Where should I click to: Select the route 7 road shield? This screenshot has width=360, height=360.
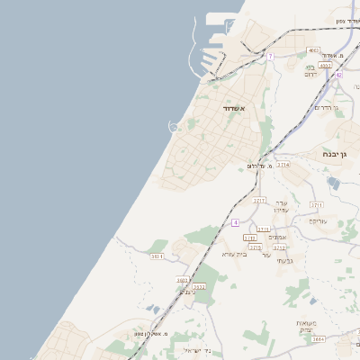click(x=269, y=56)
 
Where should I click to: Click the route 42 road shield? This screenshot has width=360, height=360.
click(x=338, y=76)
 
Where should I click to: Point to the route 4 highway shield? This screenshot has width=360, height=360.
click(x=235, y=220)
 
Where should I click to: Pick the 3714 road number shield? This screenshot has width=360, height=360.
click(x=283, y=165)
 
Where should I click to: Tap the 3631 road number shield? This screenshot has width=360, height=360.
click(x=157, y=256)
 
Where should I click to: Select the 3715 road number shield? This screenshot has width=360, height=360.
click(x=255, y=247)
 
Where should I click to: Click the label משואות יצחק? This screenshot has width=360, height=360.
click(x=309, y=325)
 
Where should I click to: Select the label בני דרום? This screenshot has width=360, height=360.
click(x=310, y=70)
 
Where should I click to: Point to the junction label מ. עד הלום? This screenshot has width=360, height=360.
click(x=258, y=166)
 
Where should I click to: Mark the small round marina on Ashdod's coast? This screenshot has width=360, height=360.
click(x=174, y=127)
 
